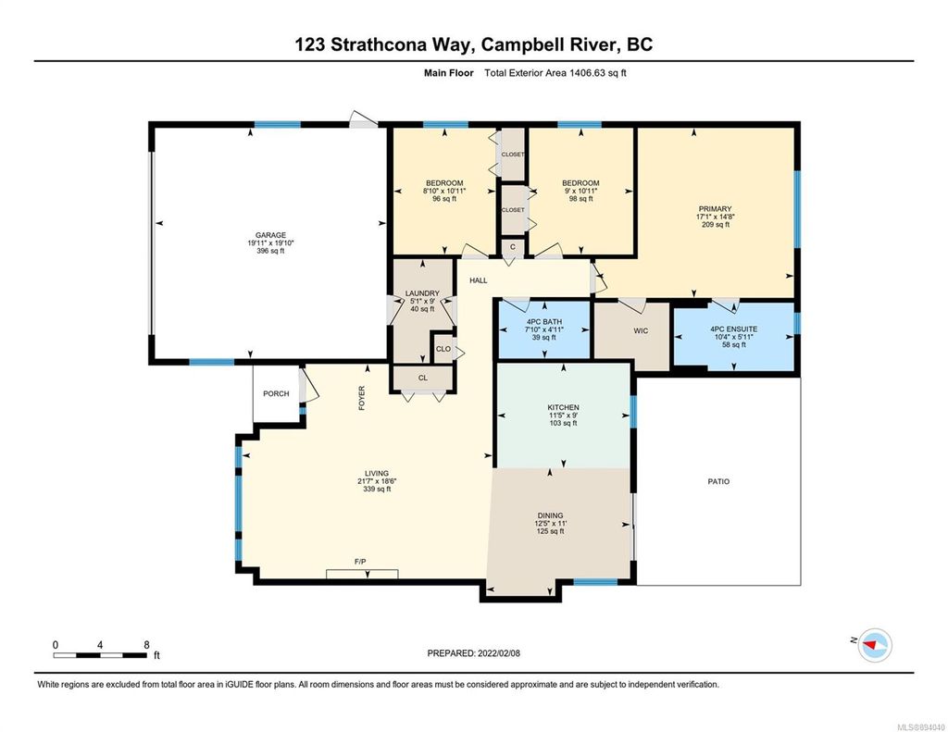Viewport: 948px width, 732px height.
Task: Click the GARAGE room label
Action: pyautogui.click(x=270, y=235)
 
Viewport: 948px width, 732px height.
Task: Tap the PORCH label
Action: pyautogui.click(x=276, y=394)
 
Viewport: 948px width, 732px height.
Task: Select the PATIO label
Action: pyautogui.click(x=717, y=481)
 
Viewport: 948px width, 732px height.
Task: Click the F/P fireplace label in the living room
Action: pyautogui.click(x=360, y=563)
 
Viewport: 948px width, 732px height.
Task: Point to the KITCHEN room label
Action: pyautogui.click(x=563, y=408)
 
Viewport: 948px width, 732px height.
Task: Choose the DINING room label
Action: pyautogui.click(x=550, y=516)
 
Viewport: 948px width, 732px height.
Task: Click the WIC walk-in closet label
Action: pyautogui.click(x=640, y=329)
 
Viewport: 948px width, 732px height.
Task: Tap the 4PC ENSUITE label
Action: pyautogui.click(x=733, y=329)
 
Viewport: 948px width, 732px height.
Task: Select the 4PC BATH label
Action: pyautogui.click(x=543, y=323)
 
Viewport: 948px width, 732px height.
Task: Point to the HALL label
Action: pyautogui.click(x=478, y=280)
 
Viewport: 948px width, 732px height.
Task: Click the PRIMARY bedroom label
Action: pyautogui.click(x=715, y=209)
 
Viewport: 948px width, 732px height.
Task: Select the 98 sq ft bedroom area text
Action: pyautogui.click(x=580, y=199)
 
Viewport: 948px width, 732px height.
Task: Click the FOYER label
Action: pyautogui.click(x=362, y=398)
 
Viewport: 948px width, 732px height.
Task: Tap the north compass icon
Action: pyautogui.click(x=875, y=644)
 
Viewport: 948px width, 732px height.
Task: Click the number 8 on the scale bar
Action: pyautogui.click(x=145, y=644)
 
